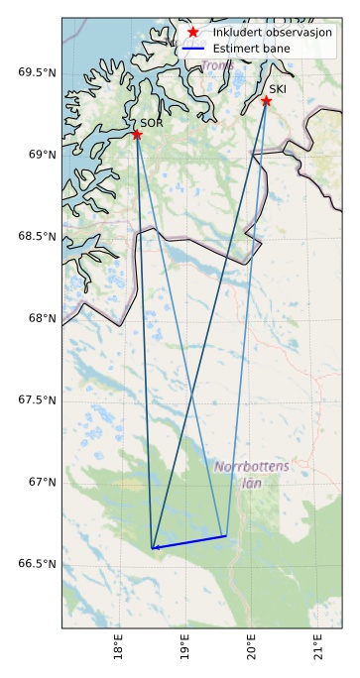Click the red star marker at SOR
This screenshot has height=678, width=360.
137,134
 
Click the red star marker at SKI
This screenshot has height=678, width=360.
266,100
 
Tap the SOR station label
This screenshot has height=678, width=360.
151,123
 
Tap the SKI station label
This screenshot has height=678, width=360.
278,89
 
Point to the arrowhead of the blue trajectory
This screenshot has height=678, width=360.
154,547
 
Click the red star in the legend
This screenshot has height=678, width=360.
192,32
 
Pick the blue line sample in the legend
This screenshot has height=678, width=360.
192,47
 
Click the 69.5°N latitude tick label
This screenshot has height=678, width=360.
38,72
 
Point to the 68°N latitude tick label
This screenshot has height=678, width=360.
41,318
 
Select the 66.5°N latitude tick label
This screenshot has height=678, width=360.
38,564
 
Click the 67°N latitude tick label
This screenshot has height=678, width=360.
41,482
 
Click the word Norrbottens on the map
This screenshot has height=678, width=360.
252,466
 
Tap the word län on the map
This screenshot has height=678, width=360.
250,484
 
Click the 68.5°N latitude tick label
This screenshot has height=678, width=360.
38,236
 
